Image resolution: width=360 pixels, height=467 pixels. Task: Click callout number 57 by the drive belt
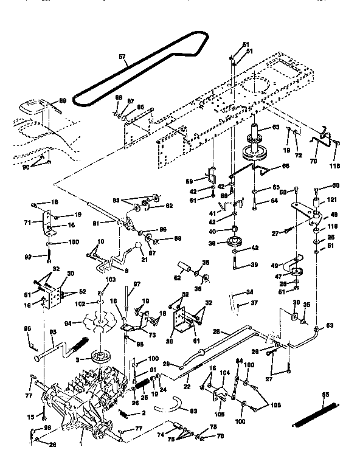click(122, 57)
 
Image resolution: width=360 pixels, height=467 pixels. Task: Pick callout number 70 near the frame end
click(314, 162)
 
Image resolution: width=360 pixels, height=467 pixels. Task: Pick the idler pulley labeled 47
click(297, 271)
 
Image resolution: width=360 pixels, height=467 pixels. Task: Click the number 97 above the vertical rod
click(137, 285)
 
